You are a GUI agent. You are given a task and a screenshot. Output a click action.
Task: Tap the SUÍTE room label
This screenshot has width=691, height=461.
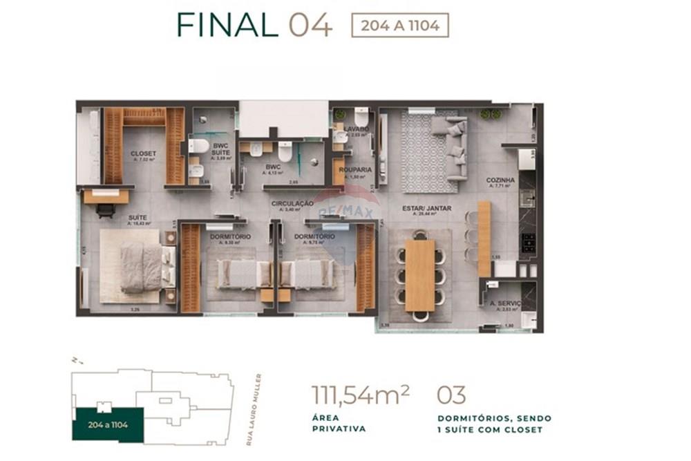[x=136, y=217]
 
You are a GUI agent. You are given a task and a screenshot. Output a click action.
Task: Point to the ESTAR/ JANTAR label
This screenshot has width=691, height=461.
[x=427, y=208]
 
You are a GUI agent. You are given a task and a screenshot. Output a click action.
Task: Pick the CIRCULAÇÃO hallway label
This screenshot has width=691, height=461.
[x=292, y=204]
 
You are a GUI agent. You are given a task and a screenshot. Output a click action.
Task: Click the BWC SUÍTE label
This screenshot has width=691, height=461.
[x=220, y=149]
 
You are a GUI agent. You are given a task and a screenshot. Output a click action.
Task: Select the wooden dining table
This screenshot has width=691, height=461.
[x=419, y=274]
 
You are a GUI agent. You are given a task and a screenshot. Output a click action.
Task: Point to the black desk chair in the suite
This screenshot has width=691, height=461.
[x=106, y=211]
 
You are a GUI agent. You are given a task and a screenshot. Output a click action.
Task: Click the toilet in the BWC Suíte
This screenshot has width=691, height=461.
[x=198, y=147]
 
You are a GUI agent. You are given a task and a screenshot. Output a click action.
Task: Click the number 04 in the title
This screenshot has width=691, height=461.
[x=310, y=25]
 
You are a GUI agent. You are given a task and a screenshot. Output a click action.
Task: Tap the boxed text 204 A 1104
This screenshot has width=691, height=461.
[x=400, y=26]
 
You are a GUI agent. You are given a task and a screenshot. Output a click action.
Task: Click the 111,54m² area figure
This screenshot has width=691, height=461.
[x=360, y=396]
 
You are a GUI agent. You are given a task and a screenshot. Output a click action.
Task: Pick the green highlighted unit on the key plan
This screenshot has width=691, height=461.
[x=108, y=424]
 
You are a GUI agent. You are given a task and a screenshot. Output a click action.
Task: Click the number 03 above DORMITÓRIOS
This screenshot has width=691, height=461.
[x=451, y=396]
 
